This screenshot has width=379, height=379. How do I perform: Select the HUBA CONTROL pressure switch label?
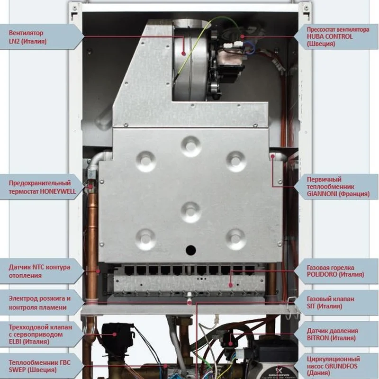pos(337,36)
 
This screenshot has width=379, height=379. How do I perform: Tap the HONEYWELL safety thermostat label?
pos(40,187)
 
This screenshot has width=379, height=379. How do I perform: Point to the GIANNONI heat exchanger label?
pos(337,187)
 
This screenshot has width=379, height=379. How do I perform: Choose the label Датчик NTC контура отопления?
pos(40,271)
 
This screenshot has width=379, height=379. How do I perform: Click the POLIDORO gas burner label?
pos(337,271)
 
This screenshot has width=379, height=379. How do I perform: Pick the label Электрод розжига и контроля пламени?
pos(40,303)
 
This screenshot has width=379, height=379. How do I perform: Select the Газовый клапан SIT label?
pos(337,303)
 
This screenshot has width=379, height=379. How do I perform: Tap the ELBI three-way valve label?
pos(40,334)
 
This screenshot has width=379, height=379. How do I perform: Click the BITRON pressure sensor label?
pos(337,334)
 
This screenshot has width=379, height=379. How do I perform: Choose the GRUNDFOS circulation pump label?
pos(337,366)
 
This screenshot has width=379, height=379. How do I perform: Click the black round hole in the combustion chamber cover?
pos(190,249)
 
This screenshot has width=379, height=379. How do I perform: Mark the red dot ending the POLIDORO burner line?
pos(231,285)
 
